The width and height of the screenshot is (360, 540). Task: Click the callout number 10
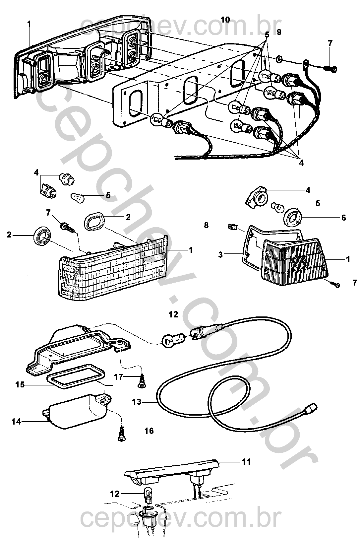[225, 20]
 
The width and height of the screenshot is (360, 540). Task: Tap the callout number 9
[279, 32]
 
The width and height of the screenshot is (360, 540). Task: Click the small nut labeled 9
[279, 59]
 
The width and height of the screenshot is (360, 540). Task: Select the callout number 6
[344, 218]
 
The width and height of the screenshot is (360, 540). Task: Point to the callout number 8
[206, 226]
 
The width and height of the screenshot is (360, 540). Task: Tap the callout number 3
[220, 254]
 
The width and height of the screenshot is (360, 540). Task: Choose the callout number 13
[137, 402]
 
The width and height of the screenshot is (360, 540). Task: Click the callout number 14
[16, 422]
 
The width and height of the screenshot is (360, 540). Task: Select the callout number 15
[20, 384]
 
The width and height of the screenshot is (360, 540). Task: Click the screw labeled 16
[122, 435]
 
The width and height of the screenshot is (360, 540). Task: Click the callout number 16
[149, 431]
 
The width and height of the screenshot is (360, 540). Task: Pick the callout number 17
[118, 377]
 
